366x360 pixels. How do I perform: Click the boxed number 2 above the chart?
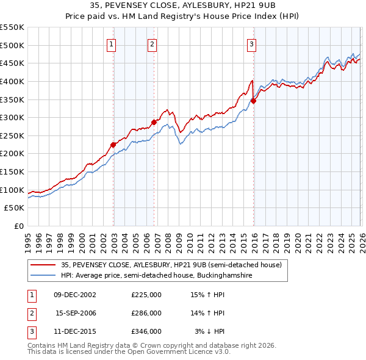point(152,43)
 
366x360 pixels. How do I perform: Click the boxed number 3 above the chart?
point(251,43)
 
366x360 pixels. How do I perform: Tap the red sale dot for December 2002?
point(113,145)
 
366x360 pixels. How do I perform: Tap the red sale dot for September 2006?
point(154,123)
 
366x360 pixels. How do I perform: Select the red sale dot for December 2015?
point(253,101)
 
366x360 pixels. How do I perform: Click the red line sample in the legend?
point(43,265)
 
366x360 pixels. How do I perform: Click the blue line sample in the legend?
point(43,276)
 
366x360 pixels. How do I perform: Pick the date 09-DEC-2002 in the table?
point(76,295)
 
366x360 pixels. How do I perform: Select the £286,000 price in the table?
point(146,313)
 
